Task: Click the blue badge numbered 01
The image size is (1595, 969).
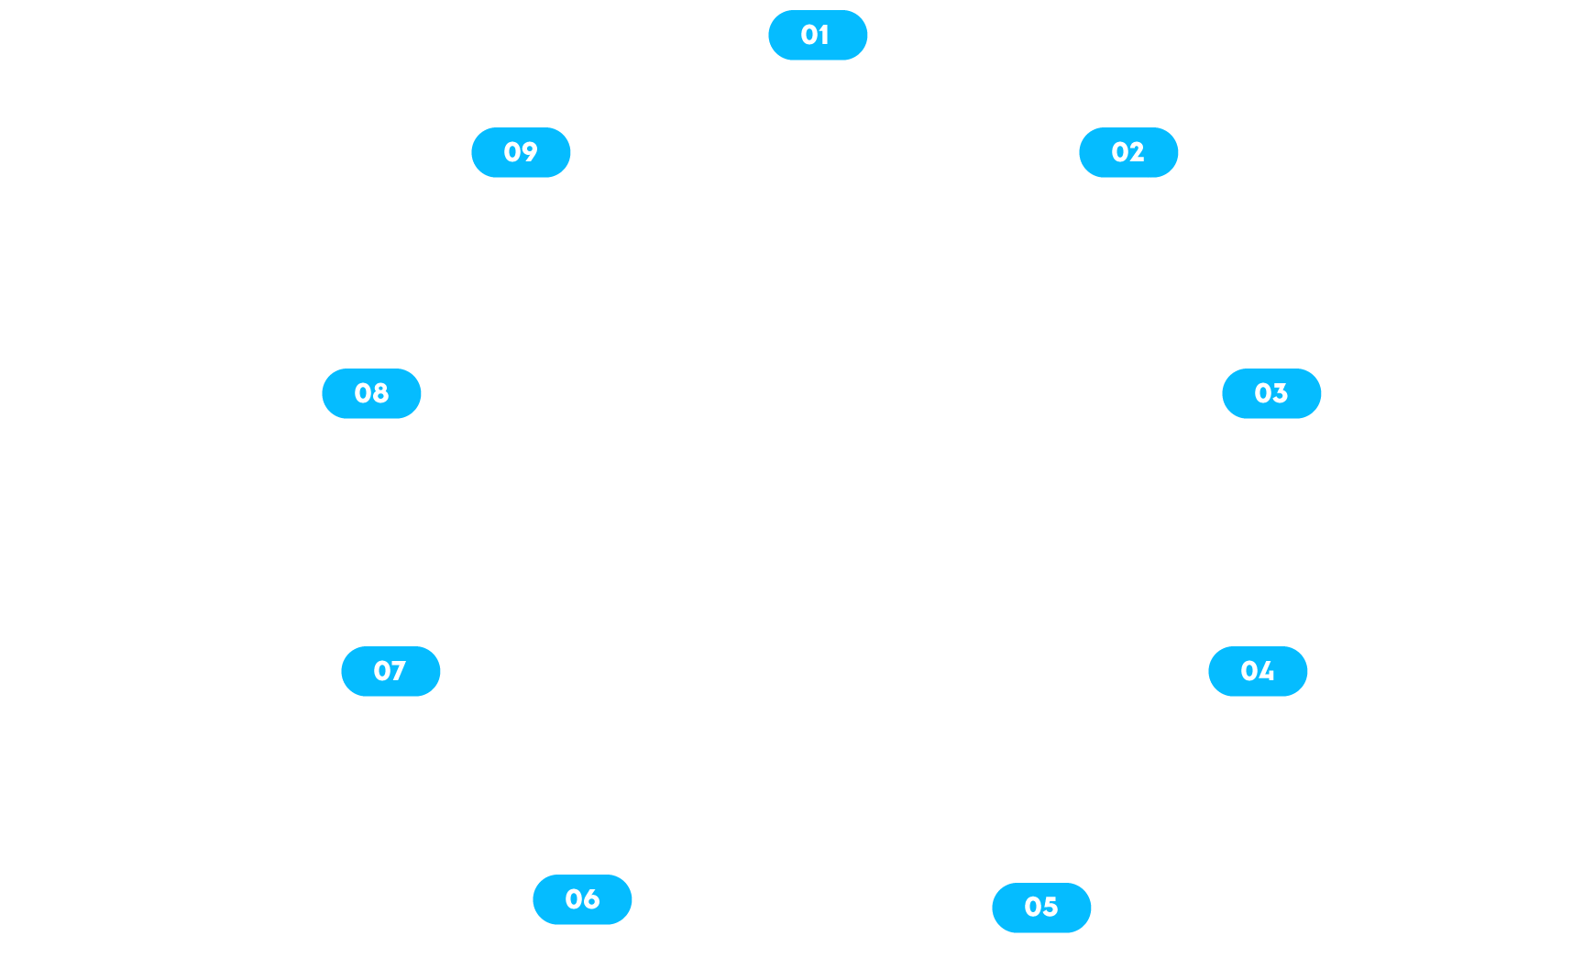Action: click(x=817, y=35)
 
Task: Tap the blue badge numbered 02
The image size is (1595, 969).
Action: click(x=1127, y=152)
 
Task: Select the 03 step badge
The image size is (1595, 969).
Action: click(x=1270, y=393)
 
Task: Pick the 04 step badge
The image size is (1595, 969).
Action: click(x=1257, y=671)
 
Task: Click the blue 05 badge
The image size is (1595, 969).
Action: click(x=1040, y=907)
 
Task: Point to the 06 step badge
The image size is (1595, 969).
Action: click(x=582, y=899)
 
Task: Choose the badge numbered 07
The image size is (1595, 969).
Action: click(x=390, y=671)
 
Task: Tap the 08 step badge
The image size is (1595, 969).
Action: click(x=371, y=393)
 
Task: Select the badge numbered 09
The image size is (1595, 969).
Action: click(x=520, y=152)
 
